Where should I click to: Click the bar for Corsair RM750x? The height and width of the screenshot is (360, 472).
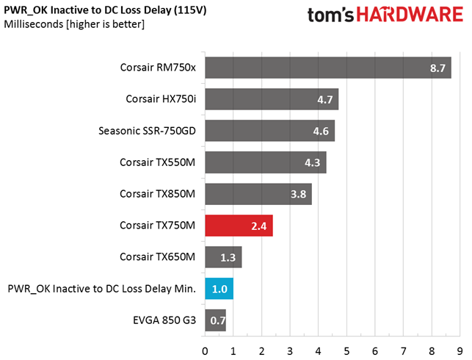click(x=327, y=68)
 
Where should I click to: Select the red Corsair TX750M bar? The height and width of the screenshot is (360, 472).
click(x=239, y=226)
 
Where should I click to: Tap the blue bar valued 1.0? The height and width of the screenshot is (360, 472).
click(x=219, y=289)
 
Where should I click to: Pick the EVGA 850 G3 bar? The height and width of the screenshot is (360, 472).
click(x=215, y=320)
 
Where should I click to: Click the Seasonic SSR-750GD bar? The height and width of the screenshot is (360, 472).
click(x=269, y=131)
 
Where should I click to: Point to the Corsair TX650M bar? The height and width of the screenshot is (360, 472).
click(x=223, y=257)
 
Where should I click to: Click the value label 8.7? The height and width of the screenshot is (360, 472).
click(x=438, y=68)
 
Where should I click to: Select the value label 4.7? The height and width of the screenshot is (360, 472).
click(x=324, y=100)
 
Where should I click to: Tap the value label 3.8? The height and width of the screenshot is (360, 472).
click(x=299, y=195)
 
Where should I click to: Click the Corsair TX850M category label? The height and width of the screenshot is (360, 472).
click(x=158, y=194)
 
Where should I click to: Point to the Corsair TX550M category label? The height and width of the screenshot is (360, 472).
click(x=158, y=162)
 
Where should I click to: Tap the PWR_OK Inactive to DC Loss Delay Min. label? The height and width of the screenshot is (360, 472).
click(x=102, y=289)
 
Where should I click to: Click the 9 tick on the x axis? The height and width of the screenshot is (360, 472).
click(x=460, y=350)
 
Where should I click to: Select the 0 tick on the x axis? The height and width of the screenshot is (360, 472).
click(x=205, y=350)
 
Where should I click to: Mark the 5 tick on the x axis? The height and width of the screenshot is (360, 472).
click(x=346, y=350)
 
